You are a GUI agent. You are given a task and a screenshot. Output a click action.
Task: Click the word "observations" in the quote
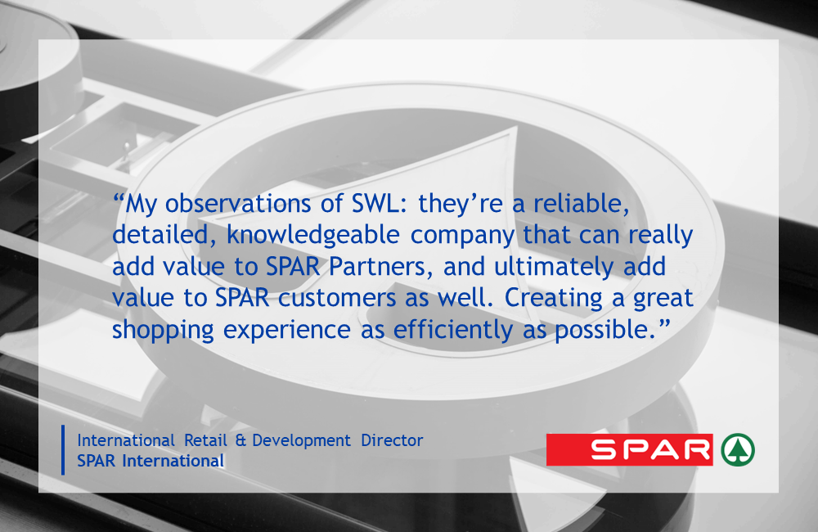pyautogui.click(x=238, y=203)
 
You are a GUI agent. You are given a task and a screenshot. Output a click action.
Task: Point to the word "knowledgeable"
pyautogui.click(x=313, y=236)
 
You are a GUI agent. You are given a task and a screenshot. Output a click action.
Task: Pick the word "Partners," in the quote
pyautogui.click(x=381, y=267)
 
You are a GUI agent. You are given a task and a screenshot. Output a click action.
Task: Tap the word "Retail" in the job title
pyautogui.click(x=205, y=440)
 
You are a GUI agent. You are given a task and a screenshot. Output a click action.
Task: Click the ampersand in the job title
pyautogui.click(x=240, y=440)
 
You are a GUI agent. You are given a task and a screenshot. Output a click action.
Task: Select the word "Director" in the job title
pyautogui.click(x=392, y=440)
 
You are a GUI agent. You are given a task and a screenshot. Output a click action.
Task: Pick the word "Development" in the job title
pyautogui.click(x=302, y=441)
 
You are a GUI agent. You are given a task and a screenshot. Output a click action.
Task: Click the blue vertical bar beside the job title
pyautogui.click(x=63, y=450)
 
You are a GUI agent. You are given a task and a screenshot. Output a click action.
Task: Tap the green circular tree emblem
pyautogui.click(x=738, y=449)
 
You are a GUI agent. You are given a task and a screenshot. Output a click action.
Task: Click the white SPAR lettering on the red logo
pyautogui.click(x=651, y=449)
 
